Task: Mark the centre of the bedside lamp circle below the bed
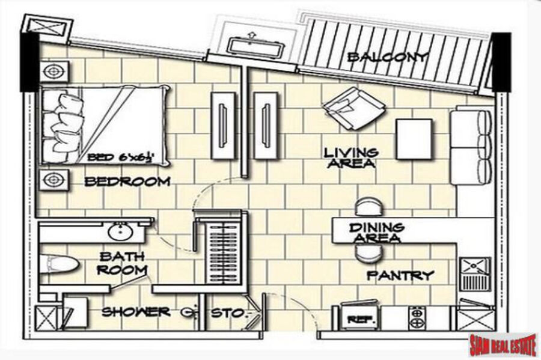(x=53, y=179)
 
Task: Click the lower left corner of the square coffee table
(x=397, y=159)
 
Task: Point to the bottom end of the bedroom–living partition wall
(x=245, y=177)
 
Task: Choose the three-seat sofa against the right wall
(x=471, y=145)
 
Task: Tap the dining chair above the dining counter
(x=369, y=207)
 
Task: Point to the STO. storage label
(x=228, y=313)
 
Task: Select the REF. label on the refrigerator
(x=356, y=320)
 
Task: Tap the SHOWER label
(x=136, y=312)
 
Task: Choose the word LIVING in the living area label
(x=351, y=153)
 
